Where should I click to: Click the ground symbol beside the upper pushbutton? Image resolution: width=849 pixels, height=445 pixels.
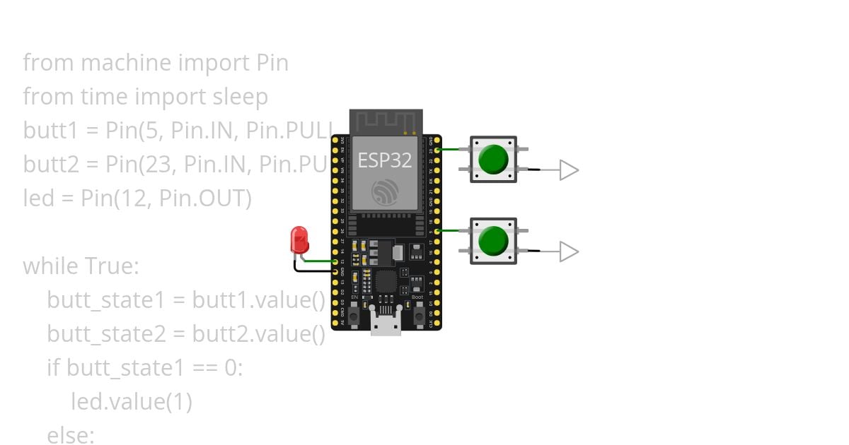coord(569,170)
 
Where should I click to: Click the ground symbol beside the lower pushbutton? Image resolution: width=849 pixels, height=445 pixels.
coord(569,251)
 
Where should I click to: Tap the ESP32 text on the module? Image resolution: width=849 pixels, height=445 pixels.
coord(384,160)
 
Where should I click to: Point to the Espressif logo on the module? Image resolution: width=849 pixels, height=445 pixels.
coord(386,191)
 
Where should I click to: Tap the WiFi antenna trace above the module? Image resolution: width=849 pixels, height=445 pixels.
coord(386,121)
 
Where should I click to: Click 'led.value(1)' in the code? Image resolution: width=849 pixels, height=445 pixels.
coord(132,401)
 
